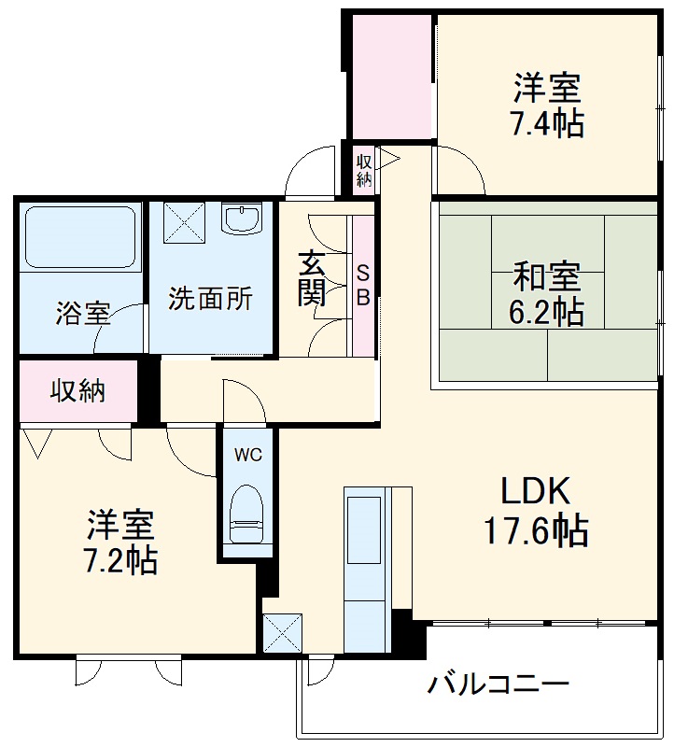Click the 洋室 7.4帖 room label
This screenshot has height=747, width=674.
click(547, 106)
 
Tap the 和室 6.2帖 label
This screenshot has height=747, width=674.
click(547, 294)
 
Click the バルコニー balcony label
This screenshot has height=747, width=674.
click(498, 685)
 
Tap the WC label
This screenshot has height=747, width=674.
click(247, 455)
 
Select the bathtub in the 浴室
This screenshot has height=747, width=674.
click(80, 237)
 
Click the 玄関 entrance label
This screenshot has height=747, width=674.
click(312, 278)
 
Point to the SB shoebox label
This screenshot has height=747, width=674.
click(364, 286)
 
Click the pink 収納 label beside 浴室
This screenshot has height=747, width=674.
click(78, 391)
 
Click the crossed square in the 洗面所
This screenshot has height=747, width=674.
click(183, 222)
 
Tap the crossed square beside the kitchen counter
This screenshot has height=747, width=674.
click(283, 632)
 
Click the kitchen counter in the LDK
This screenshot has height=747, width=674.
click(365, 570)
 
